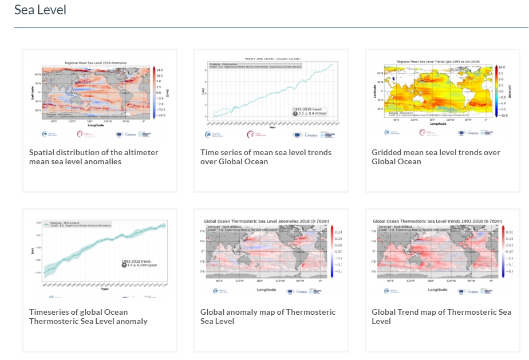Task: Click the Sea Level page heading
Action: pyautogui.click(x=40, y=10)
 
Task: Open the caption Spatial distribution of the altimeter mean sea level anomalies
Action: pyautogui.click(x=93, y=157)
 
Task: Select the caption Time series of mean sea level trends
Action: pyautogui.click(x=266, y=157)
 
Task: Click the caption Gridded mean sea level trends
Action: pyautogui.click(x=436, y=157)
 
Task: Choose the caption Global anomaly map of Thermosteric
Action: pyautogui.click(x=268, y=317)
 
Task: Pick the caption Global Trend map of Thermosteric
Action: pyautogui.click(x=441, y=317)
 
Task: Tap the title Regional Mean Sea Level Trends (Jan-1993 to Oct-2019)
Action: pyautogui.click(x=438, y=61)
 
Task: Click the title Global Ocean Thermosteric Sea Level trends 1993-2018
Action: pyautogui.click(x=437, y=221)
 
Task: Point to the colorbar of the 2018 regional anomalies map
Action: pyautogui.click(x=154, y=92)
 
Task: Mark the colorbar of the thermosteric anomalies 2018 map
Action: pyautogui.click(x=331, y=250)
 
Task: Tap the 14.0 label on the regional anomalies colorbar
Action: pyautogui.click(x=160, y=69)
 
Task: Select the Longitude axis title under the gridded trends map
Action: pyautogui.click(x=438, y=123)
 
